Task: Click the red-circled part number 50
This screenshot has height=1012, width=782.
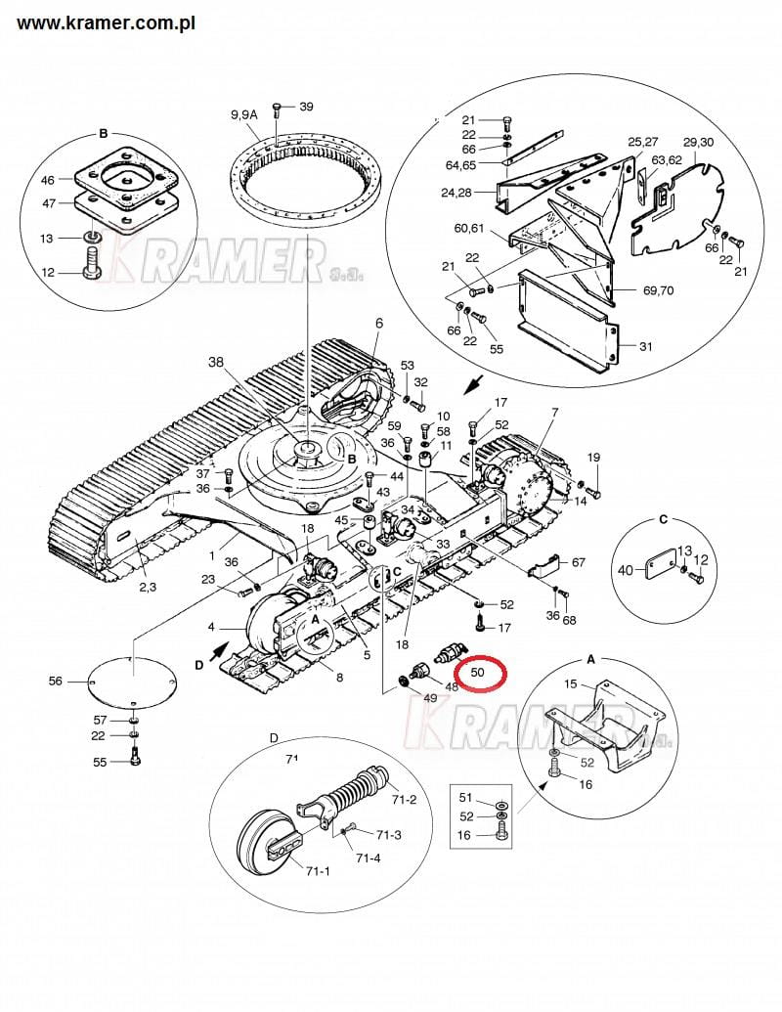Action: [x=478, y=672]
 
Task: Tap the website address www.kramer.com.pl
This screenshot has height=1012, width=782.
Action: [x=107, y=23]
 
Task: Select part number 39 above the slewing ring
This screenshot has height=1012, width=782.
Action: [x=306, y=107]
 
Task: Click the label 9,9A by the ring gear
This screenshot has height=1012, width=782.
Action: [x=244, y=114]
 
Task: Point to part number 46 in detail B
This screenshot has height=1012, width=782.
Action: [x=49, y=180]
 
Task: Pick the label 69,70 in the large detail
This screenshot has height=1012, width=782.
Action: [x=658, y=290]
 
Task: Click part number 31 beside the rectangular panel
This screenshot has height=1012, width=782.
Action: [x=646, y=346]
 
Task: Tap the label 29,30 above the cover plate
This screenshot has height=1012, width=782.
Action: [x=699, y=142]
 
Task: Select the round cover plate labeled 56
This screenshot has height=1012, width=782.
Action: [x=133, y=682]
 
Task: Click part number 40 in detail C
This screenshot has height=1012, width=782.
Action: [x=626, y=570]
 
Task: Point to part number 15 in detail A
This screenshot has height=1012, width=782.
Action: [x=570, y=683]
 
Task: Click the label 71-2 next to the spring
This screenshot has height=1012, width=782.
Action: [x=404, y=801]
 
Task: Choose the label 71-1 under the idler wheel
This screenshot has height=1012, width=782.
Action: [x=318, y=871]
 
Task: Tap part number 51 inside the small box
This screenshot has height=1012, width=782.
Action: [x=466, y=799]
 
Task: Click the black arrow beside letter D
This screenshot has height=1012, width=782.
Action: [x=220, y=650]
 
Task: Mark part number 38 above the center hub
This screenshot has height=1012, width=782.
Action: [x=215, y=362]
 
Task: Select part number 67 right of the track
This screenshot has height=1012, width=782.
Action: [x=578, y=562]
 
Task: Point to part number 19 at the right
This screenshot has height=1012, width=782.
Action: [x=593, y=458]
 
